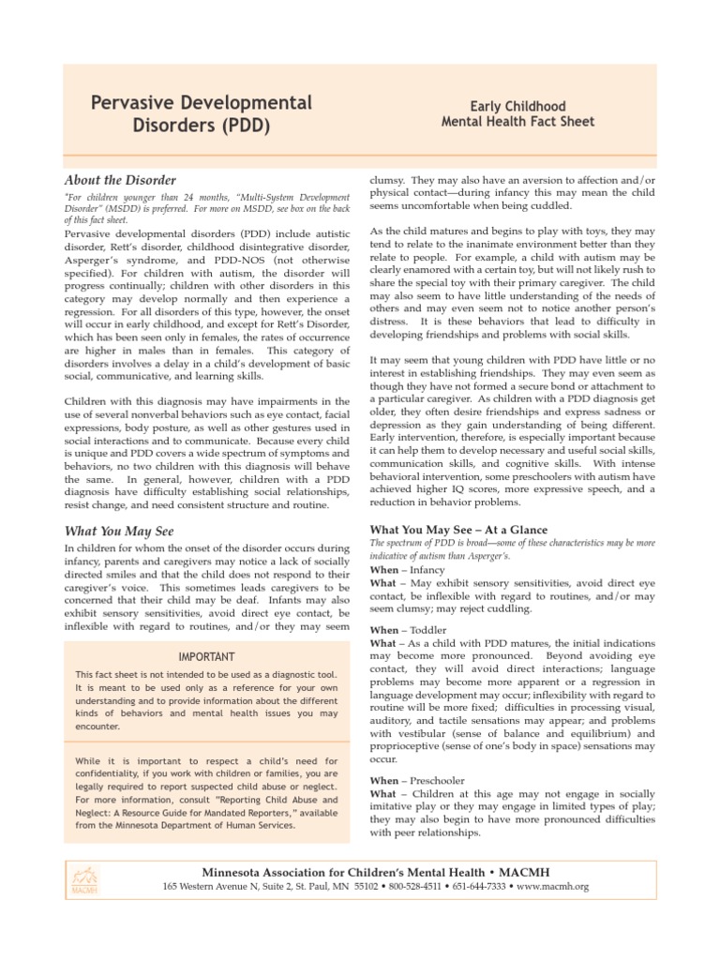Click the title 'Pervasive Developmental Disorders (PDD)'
click(x=201, y=113)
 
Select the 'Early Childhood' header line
click(x=518, y=107)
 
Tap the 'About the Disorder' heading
click(x=119, y=180)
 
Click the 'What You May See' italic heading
click(x=118, y=530)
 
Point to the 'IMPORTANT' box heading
click(x=207, y=656)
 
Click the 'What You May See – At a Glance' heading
click(x=459, y=530)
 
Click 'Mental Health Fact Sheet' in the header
click(x=518, y=122)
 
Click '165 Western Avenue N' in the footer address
click(x=210, y=887)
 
